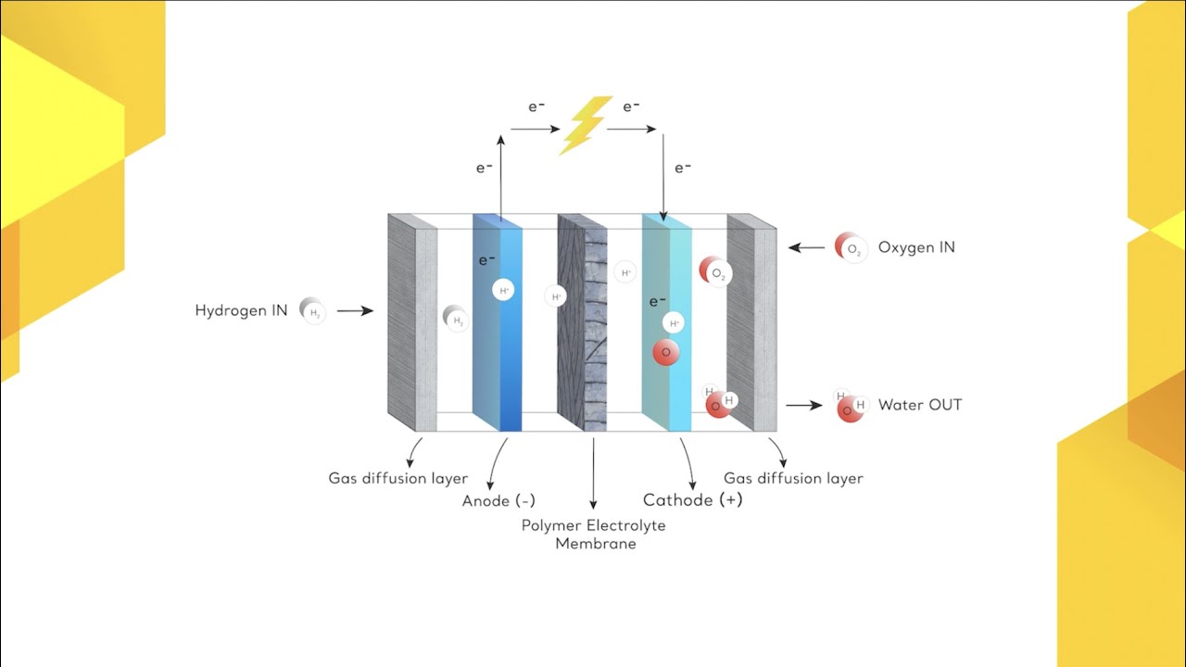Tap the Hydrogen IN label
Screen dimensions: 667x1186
[241, 311]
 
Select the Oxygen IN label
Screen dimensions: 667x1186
[915, 247]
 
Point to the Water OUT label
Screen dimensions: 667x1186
[919, 405]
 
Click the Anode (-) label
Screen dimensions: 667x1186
[498, 501]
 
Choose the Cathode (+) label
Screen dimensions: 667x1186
[692, 500]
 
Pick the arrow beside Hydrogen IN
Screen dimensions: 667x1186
[355, 312]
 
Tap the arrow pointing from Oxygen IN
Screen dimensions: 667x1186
[806, 247]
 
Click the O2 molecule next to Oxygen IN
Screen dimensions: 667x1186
[851, 247]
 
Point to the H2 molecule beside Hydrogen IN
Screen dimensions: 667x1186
[313, 312]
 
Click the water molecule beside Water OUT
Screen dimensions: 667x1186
[850, 406]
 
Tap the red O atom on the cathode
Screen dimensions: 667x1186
[665, 353]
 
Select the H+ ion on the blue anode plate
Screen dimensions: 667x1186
[504, 291]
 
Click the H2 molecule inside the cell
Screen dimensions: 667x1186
[455, 319]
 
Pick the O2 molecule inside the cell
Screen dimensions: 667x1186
[714, 272]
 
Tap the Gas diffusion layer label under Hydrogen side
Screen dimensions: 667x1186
[397, 479]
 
